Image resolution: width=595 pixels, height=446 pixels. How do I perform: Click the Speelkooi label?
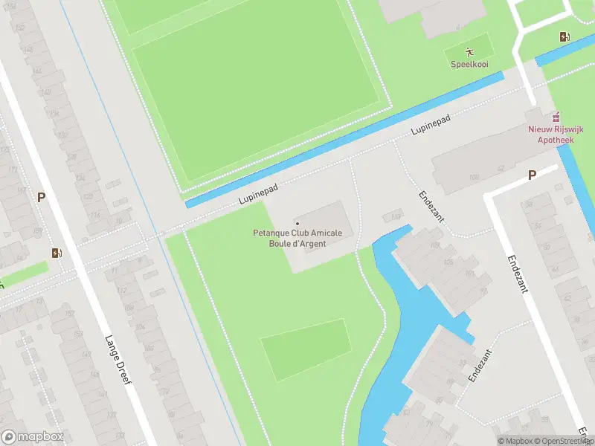[x=469, y=64]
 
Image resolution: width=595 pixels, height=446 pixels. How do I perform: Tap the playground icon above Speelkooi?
[x=469, y=51]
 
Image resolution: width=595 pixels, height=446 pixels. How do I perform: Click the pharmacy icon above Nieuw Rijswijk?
[x=554, y=117]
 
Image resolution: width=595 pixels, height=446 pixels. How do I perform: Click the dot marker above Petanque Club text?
[x=297, y=223]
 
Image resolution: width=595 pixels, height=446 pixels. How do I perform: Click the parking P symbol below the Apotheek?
[x=532, y=175]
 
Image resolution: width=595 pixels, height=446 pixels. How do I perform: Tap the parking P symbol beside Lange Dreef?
[x=42, y=197]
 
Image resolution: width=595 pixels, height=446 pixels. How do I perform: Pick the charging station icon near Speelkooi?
[x=566, y=36]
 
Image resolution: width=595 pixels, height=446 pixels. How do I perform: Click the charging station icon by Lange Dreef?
[x=57, y=253]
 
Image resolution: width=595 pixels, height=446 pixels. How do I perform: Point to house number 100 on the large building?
[x=473, y=178]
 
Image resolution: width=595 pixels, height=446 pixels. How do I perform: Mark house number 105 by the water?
[x=436, y=245]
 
